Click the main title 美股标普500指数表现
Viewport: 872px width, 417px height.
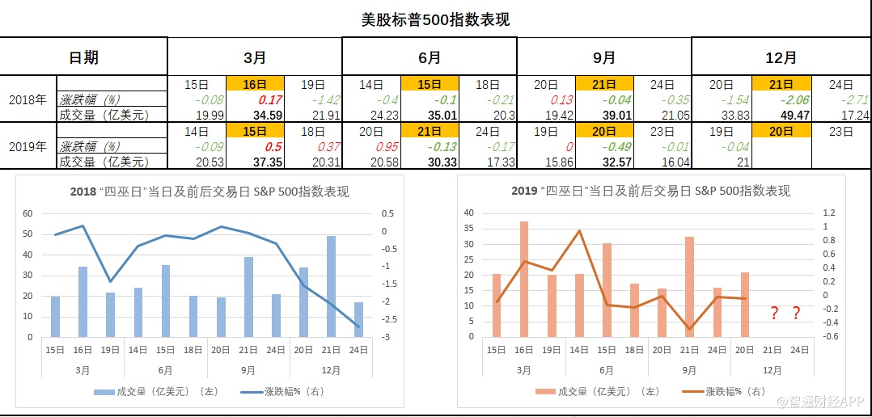435,19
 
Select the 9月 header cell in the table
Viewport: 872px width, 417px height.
603,57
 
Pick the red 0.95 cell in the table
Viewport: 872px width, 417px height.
371,147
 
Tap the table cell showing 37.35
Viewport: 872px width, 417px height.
255,162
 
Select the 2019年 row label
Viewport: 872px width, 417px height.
28,146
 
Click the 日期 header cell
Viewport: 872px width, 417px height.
83,57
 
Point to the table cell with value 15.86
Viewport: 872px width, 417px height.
546,162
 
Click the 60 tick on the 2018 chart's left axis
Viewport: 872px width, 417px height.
27,213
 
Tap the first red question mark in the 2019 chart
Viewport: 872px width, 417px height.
774,313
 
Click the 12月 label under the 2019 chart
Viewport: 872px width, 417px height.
773,369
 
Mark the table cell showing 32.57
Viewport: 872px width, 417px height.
605,162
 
